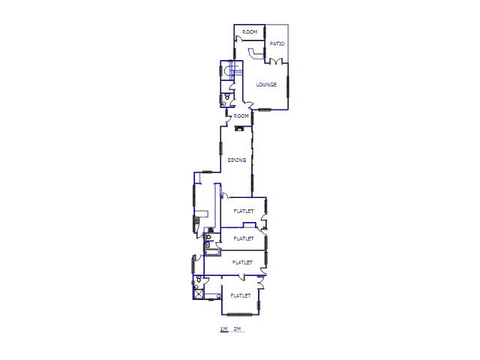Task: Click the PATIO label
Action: coord(277,43)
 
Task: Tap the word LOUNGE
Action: coord(266,85)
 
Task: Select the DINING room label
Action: coord(237,160)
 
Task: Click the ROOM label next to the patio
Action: coord(250,31)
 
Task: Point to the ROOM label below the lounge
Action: coord(241,116)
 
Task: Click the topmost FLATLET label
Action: coord(244,211)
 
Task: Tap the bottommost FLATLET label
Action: coord(241,295)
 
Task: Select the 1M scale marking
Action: coord(223,328)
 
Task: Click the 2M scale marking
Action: coord(237,328)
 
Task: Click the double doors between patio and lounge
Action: coord(276,61)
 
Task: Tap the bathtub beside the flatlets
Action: coord(212,253)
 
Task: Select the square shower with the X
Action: coord(198,294)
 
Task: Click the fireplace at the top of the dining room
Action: coord(238,128)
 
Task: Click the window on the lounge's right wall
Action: coord(287,87)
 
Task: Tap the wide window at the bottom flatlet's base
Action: coord(240,314)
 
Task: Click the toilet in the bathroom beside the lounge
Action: coord(227,97)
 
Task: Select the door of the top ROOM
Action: coord(238,39)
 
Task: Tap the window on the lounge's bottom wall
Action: coord(265,109)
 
